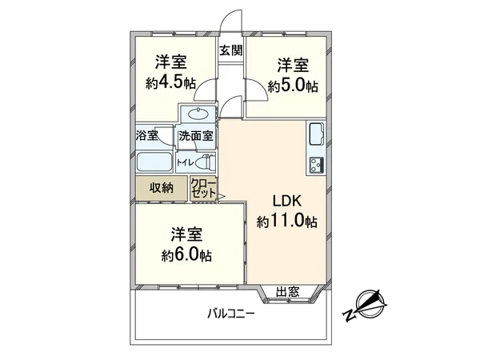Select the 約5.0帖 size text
point(294,86)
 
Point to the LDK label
point(286,201)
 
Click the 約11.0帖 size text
point(286,222)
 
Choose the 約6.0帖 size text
point(186,256)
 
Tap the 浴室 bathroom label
point(146,135)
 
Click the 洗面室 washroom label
point(195,136)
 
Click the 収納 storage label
point(161,188)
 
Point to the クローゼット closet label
point(203,189)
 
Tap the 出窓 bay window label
point(288,291)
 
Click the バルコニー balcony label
point(231,314)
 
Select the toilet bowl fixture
point(206,162)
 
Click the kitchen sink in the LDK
point(315,133)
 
